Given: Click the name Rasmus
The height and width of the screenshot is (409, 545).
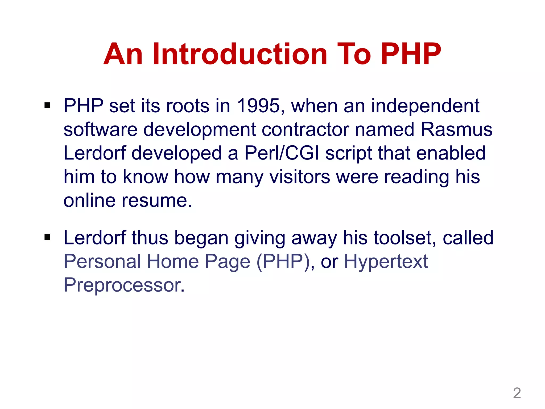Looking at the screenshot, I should (456, 130).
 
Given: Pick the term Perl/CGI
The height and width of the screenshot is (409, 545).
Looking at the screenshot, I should (282, 153).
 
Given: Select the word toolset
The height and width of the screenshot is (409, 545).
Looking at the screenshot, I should (404, 238).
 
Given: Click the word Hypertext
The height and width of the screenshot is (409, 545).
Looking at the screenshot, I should (386, 261).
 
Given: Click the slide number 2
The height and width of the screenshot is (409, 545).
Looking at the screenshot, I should (517, 393).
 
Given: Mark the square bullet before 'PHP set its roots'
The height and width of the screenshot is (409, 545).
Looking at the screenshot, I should (48, 106).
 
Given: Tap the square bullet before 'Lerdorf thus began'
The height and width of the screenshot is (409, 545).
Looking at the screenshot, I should (48, 237).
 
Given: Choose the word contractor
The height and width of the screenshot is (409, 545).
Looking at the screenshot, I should (305, 130).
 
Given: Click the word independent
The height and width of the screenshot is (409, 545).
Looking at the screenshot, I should (425, 106).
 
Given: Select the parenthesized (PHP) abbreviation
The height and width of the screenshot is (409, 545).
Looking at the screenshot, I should (283, 261).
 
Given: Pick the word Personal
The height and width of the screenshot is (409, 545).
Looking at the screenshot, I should (102, 261).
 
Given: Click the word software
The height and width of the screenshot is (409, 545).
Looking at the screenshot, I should (101, 130).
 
